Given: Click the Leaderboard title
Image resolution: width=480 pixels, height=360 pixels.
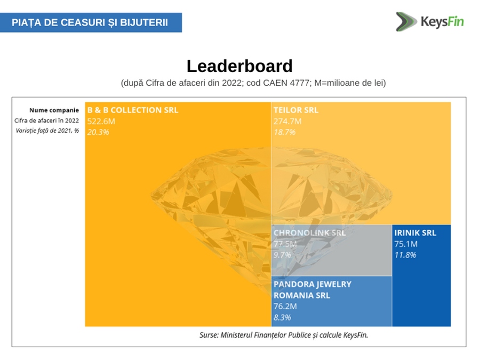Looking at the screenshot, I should [x=239, y=67].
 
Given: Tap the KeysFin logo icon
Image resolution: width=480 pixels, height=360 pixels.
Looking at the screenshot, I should [x=406, y=21].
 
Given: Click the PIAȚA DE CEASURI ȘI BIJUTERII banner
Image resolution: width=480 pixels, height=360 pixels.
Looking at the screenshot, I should [x=90, y=22].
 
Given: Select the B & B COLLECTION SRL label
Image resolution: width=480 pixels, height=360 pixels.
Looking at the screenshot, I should [x=132, y=110].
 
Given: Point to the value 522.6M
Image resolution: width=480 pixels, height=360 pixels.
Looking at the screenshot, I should [x=101, y=121].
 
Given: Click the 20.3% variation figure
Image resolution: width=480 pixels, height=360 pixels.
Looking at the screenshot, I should [x=98, y=132].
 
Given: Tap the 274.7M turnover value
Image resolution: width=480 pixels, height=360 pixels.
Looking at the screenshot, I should [x=287, y=121].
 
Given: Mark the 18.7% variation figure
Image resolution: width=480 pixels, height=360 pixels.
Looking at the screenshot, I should [x=284, y=132].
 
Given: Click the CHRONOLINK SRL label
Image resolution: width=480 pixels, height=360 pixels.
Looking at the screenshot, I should [x=309, y=233].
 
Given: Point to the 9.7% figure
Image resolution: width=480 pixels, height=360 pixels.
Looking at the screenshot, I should [x=282, y=255].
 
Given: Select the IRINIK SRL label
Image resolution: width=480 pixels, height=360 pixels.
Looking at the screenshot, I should [x=415, y=233].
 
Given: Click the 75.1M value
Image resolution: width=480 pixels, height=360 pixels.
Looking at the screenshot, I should [x=405, y=244].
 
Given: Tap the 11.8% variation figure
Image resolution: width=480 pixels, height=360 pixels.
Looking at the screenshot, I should [x=405, y=255].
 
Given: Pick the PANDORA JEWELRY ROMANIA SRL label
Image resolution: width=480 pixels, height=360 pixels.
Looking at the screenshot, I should [x=312, y=290].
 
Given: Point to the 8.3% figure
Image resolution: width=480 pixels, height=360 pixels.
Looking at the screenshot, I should [x=282, y=318].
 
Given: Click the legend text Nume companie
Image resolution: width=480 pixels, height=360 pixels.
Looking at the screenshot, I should [x=54, y=110].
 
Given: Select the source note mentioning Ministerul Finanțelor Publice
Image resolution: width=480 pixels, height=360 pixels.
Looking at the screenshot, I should [x=284, y=335].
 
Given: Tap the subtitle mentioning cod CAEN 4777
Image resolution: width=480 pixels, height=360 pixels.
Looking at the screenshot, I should [x=253, y=83].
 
